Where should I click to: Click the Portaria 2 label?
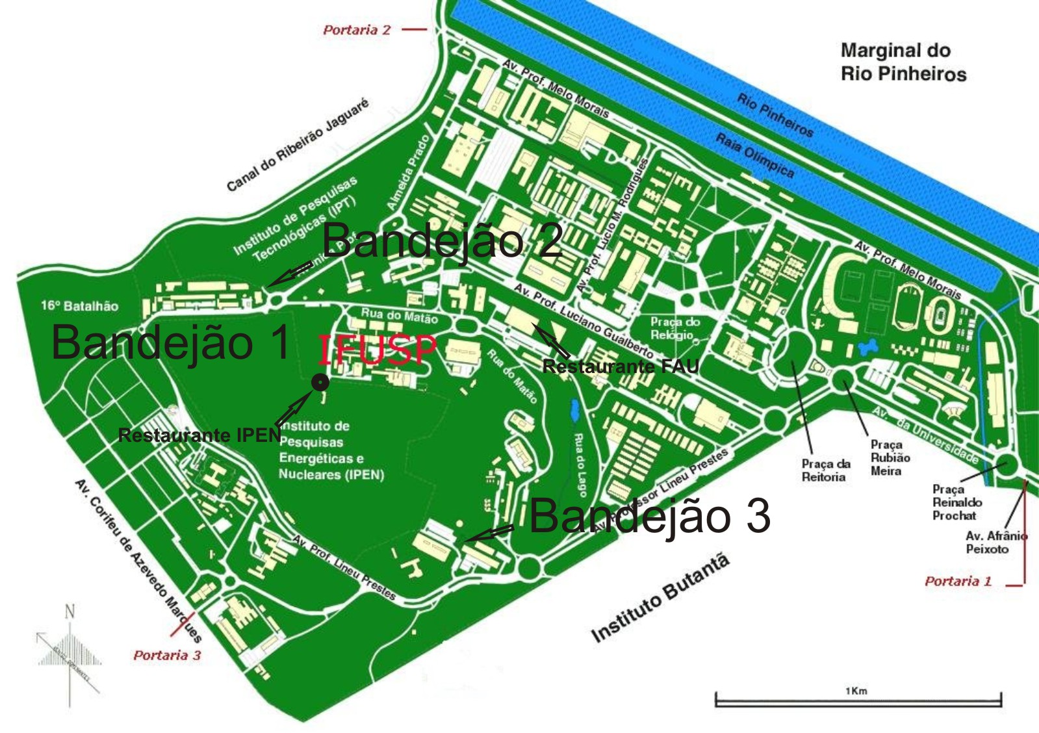pyautogui.click(x=357, y=30)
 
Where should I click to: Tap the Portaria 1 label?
pyautogui.click(x=958, y=581)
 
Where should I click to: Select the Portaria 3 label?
pyautogui.click(x=167, y=655)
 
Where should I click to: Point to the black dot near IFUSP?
pyautogui.click(x=320, y=383)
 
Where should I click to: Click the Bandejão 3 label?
pyautogui.click(x=650, y=517)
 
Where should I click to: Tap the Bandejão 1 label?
pyautogui.click(x=171, y=342)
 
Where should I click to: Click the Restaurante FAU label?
pyautogui.click(x=621, y=366)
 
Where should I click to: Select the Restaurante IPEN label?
pyautogui.click(x=199, y=435)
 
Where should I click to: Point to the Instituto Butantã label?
pyautogui.click(x=660, y=598)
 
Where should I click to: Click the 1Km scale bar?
pyautogui.click(x=858, y=700)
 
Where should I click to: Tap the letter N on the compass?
pyautogui.click(x=70, y=611)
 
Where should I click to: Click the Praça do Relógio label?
pyautogui.click(x=674, y=328)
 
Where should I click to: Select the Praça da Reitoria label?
pyautogui.click(x=825, y=470)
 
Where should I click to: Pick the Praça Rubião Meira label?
pyautogui.click(x=890, y=457)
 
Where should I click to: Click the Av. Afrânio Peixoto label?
pyautogui.click(x=995, y=542)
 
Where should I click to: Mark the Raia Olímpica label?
pyautogui.click(x=754, y=155)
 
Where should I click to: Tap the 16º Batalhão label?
pyautogui.click(x=79, y=305)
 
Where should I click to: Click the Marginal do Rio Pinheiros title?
pyautogui.click(x=903, y=62)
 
